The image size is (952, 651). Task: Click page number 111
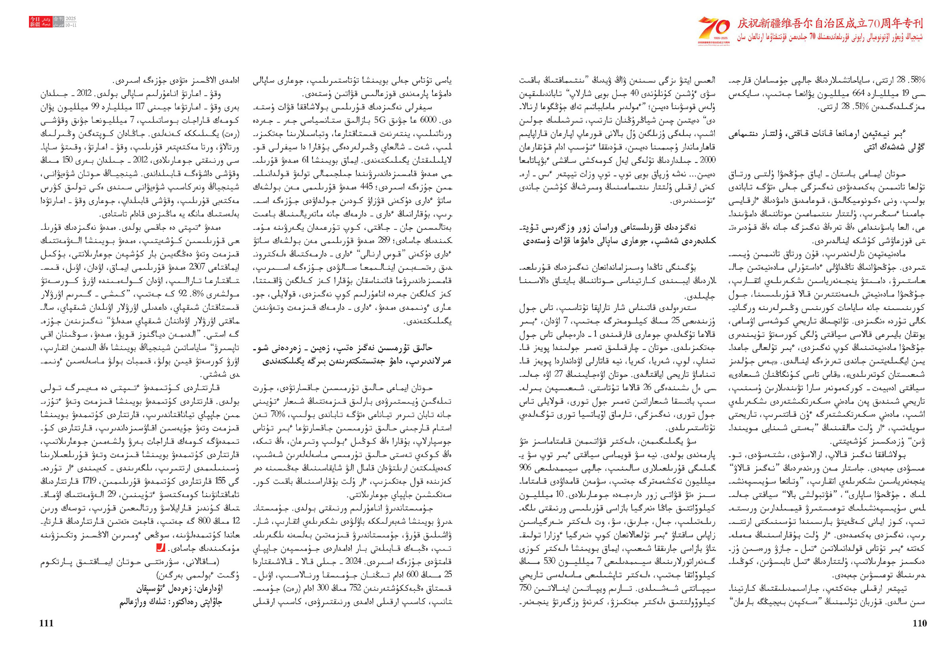pyautogui.click(x=46, y=623)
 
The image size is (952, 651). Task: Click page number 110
pyautogui.click(x=919, y=623)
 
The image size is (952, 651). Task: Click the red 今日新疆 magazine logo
pyautogui.click(x=35, y=22)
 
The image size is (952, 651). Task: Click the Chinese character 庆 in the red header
pyautogui.click(x=743, y=24)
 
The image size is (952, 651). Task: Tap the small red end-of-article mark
pyautogui.click(x=161, y=547)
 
